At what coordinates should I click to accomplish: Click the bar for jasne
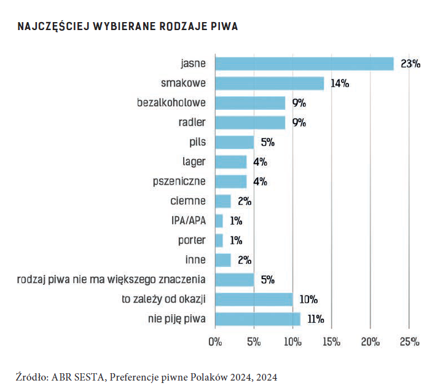[304, 64]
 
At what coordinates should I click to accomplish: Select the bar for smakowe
[269, 83]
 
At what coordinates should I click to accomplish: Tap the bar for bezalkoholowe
[250, 103]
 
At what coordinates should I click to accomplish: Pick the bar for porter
[219, 240]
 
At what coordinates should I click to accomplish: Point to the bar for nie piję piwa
[257, 319]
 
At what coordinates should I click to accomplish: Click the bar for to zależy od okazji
[254, 299]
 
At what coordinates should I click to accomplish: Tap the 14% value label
[340, 83]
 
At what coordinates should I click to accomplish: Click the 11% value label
[315, 319]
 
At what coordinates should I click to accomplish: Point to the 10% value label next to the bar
[308, 300]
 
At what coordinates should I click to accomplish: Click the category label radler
[192, 122]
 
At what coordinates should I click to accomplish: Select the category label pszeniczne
[179, 181]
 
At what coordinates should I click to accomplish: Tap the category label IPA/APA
[189, 220]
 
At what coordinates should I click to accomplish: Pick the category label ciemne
[188, 201]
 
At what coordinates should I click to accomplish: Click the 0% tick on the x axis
[215, 341]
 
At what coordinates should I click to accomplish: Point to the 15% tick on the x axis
[331, 341]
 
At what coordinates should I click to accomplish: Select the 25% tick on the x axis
[409, 341]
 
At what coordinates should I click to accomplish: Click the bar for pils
[234, 142]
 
